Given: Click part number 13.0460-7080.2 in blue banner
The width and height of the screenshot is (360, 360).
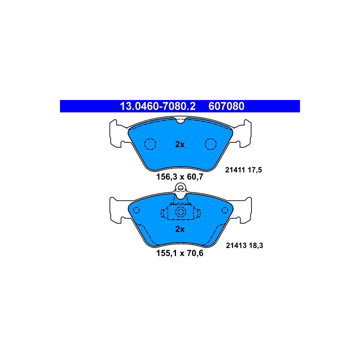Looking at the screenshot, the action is (158, 106).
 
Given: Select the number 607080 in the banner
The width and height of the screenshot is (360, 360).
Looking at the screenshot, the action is (226, 106).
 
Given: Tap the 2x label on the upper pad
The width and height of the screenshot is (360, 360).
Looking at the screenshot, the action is (180, 144).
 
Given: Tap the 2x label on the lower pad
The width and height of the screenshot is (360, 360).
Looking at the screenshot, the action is (180, 229).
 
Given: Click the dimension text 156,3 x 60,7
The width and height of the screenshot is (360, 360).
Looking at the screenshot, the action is (180, 177).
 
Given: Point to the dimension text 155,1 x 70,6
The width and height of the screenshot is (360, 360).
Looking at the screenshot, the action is (180, 253).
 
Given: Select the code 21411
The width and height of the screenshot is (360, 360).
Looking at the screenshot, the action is (235, 170).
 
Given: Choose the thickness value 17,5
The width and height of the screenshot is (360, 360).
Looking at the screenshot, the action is (255, 170).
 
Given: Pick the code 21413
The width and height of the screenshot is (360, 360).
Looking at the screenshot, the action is (236, 246).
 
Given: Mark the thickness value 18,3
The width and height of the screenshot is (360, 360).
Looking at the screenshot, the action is (256, 246).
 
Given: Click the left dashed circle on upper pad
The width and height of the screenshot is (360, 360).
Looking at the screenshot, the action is (150, 139).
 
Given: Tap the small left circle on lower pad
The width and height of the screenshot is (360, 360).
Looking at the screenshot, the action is (136, 210).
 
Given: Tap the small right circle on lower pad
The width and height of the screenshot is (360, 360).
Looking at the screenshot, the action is (225, 210).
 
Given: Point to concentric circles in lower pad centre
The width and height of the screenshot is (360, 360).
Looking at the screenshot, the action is (180, 212).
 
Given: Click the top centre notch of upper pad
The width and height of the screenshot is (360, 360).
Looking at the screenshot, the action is (181, 121).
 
